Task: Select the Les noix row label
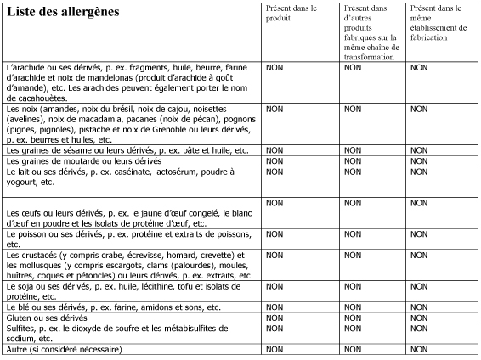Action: click(x=133, y=124)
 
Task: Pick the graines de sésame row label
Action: click(x=127, y=150)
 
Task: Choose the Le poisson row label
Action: click(x=127, y=238)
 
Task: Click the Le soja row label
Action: click(x=127, y=291)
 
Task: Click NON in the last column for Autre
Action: click(x=419, y=349)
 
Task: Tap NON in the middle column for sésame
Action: click(x=353, y=150)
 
